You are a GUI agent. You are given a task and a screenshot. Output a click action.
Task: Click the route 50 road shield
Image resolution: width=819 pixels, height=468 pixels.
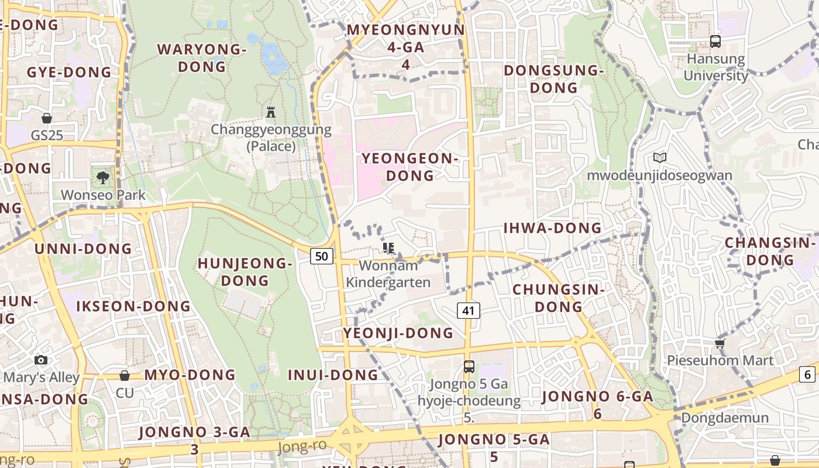322,256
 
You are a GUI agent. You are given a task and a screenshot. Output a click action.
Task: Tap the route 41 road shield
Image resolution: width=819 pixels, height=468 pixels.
468,311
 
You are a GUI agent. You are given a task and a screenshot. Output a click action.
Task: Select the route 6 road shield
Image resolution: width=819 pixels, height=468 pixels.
808,375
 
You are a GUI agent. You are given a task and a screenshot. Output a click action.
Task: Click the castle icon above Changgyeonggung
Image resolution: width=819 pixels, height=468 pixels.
271,112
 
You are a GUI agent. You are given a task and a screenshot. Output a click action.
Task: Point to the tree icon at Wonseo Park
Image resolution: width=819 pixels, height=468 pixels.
103,177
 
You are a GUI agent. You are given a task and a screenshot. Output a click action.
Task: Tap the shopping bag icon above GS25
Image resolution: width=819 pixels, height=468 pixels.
47,118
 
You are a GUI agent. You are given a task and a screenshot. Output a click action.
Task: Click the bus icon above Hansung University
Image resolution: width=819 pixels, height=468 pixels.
715,42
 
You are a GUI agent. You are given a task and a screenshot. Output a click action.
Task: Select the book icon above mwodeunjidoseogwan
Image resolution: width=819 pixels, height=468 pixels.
660,157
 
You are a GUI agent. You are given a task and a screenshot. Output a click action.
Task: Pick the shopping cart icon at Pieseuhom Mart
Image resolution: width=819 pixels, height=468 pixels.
720,343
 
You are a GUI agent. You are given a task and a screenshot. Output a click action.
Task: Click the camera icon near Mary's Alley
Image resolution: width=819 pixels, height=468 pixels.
41,360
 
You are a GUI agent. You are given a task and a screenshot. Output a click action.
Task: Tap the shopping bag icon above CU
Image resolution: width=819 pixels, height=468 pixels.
124,376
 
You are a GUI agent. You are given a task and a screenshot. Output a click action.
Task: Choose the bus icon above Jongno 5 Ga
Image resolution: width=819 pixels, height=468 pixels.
469,367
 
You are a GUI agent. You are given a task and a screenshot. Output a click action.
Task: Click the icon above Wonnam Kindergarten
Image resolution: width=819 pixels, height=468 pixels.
388,248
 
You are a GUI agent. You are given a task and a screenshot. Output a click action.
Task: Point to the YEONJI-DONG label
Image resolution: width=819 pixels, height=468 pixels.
398,333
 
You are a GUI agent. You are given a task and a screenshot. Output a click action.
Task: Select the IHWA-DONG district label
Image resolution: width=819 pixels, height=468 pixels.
552,228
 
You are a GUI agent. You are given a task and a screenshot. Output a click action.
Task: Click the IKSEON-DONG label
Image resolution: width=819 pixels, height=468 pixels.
133,306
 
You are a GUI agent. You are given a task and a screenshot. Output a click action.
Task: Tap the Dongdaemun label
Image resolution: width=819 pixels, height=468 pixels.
725,418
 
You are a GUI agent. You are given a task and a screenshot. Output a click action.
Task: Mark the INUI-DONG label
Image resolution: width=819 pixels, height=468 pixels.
333,375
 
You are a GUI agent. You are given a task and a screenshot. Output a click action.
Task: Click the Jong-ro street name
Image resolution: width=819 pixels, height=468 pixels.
302,447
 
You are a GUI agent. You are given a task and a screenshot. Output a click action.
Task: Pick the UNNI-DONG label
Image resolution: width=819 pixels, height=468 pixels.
83,249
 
